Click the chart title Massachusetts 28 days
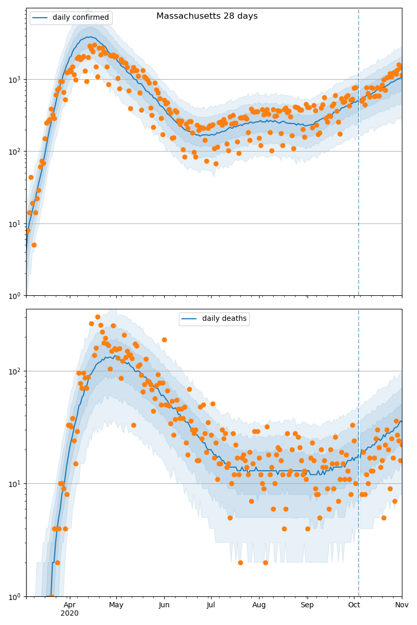(x=207, y=16)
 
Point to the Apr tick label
(x=69, y=605)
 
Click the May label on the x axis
(x=116, y=605)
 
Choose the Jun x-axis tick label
(x=164, y=605)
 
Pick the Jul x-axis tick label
(x=211, y=605)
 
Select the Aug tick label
(x=259, y=605)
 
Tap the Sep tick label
(x=307, y=605)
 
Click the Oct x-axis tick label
(x=354, y=605)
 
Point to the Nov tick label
(x=402, y=605)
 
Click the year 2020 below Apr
(x=69, y=614)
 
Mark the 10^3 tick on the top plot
(x=15, y=80)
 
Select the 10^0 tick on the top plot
(x=15, y=296)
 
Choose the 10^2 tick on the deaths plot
(x=15, y=371)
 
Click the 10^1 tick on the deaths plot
(x=15, y=484)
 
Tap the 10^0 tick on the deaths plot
(x=15, y=596)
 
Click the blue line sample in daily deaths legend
(x=190, y=319)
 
